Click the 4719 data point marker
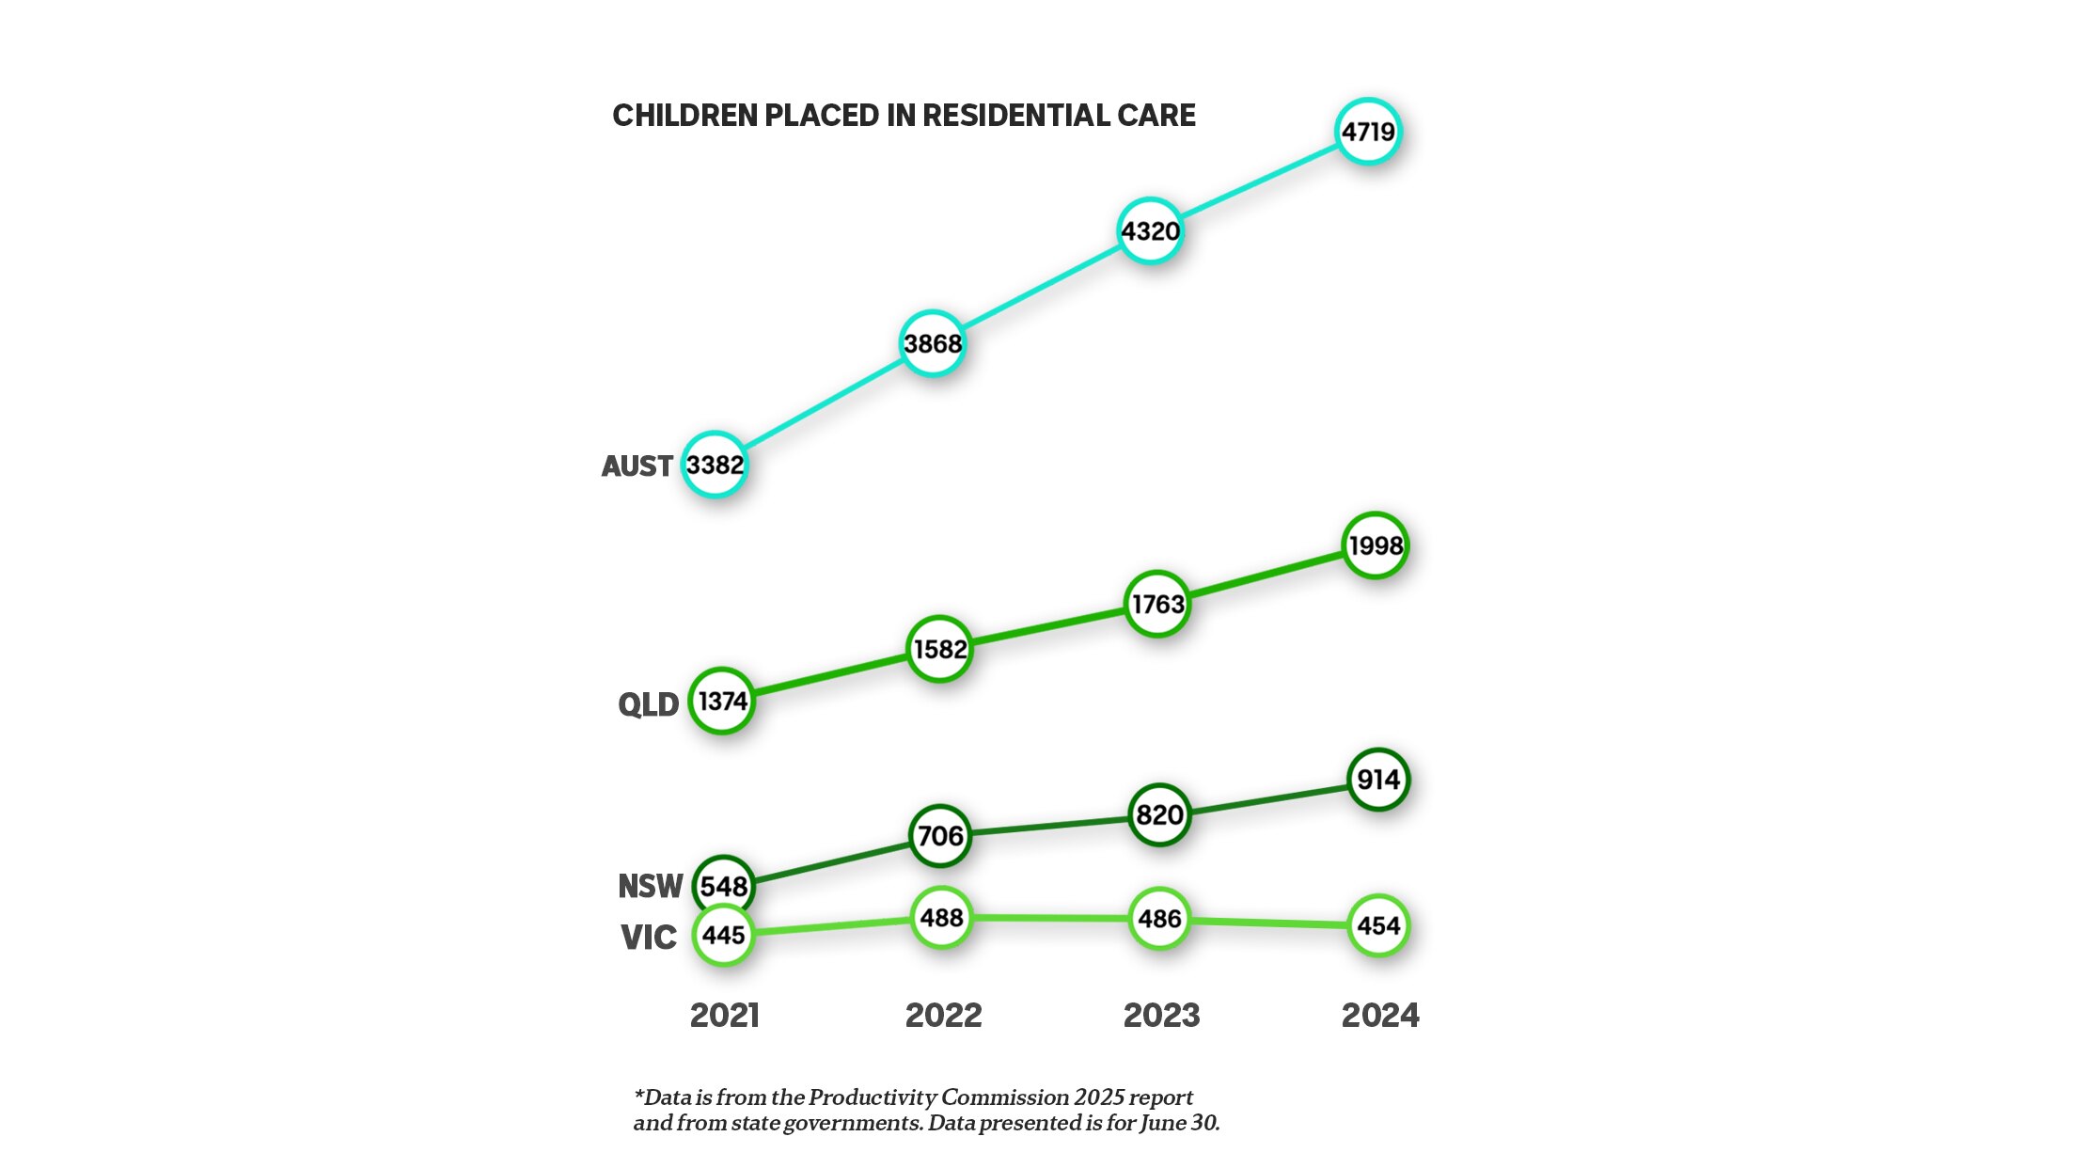pyautogui.click(x=1368, y=132)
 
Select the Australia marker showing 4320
pyautogui.click(x=1150, y=231)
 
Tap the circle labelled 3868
pyautogui.click(x=933, y=343)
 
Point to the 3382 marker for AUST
pyautogui.click(x=715, y=465)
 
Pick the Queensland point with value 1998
pyautogui.click(x=1376, y=545)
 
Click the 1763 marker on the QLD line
pyautogui.click(x=1157, y=604)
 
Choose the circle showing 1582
pyautogui.click(x=940, y=649)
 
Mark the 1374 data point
pyautogui.click(x=722, y=701)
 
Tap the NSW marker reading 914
pyautogui.click(x=1378, y=780)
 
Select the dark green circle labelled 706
pyautogui.click(x=940, y=835)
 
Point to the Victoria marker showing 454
pyautogui.click(x=1378, y=926)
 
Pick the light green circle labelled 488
pyautogui.click(x=941, y=918)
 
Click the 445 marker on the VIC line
pyautogui.click(x=723, y=935)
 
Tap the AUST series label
pyautogui.click(x=637, y=466)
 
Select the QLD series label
pyautogui.click(x=648, y=704)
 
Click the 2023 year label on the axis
pyautogui.click(x=1161, y=1016)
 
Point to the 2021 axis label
pyautogui.click(x=724, y=1016)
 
